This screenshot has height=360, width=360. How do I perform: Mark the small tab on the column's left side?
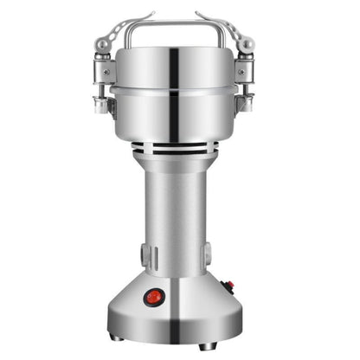click(144, 254)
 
